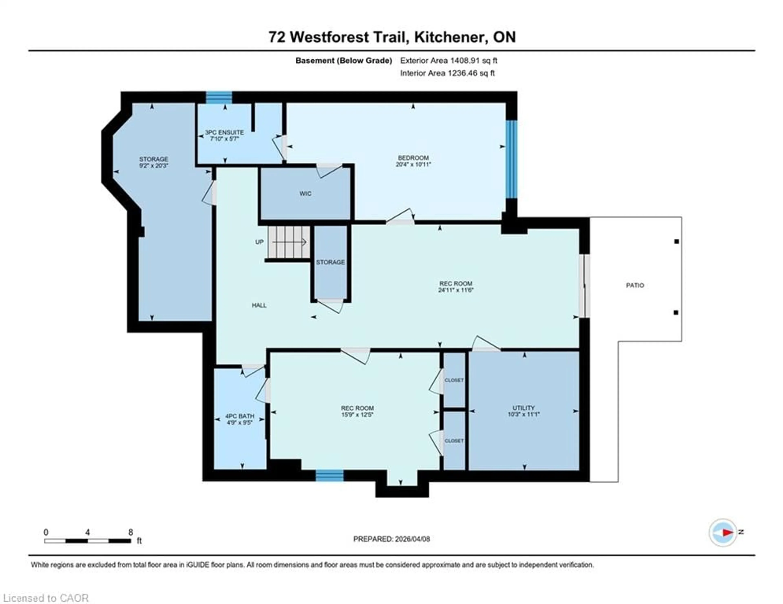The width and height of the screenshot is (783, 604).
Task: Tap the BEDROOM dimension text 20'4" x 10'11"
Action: [413, 164]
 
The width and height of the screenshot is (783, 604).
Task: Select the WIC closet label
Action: [305, 193]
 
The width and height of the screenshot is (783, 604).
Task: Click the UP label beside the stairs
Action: [259, 242]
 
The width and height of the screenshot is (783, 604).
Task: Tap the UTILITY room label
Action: [523, 408]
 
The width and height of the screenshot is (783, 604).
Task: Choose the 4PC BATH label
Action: [240, 416]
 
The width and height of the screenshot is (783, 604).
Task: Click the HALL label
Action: [259, 305]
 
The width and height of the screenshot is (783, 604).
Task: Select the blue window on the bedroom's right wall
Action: [512, 159]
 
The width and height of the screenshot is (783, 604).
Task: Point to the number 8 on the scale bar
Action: [131, 532]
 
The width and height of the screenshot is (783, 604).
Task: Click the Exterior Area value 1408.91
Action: [465, 61]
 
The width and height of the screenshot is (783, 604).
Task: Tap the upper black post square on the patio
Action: [677, 241]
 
